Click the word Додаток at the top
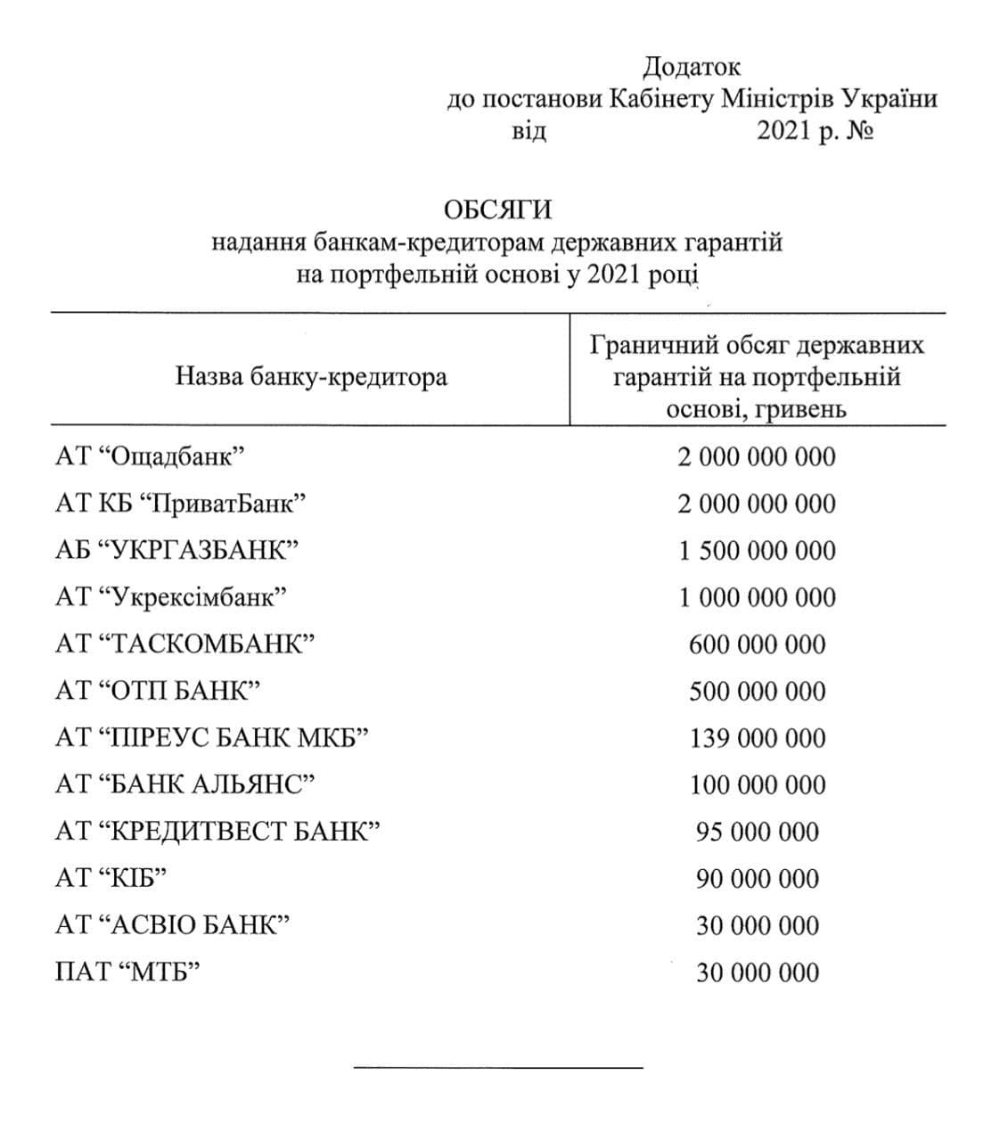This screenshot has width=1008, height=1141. pyautogui.click(x=691, y=67)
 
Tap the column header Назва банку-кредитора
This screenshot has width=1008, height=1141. pyautogui.click(x=311, y=377)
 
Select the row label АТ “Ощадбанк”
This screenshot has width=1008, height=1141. pyautogui.click(x=150, y=457)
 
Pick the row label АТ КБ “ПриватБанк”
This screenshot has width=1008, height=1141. pyautogui.click(x=181, y=505)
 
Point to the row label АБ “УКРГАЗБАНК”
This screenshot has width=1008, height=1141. pyautogui.click(x=176, y=551)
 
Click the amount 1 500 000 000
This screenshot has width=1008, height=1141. pyautogui.click(x=757, y=551)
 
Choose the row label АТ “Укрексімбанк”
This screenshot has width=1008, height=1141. pyautogui.click(x=171, y=597)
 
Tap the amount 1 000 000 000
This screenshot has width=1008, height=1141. pyautogui.click(x=757, y=597)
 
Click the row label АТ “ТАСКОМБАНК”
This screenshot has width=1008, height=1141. pyautogui.click(x=185, y=644)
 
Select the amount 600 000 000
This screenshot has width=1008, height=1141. pyautogui.click(x=757, y=644)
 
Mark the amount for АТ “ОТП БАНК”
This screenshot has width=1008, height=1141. pyautogui.click(x=757, y=692)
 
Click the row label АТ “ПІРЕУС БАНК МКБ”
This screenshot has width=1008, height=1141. pyautogui.click(x=211, y=738)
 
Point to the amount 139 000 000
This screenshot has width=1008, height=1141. pyautogui.click(x=757, y=738)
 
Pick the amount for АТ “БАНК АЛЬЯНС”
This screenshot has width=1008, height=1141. pyautogui.click(x=757, y=785)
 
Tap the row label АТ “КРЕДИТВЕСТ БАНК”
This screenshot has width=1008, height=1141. pyautogui.click(x=217, y=832)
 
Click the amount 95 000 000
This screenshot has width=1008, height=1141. pyautogui.click(x=757, y=832)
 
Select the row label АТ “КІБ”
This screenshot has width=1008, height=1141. pyautogui.click(x=111, y=879)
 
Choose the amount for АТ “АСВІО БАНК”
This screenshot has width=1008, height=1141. pyautogui.click(x=757, y=925)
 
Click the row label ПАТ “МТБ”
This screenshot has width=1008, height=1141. pyautogui.click(x=126, y=973)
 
